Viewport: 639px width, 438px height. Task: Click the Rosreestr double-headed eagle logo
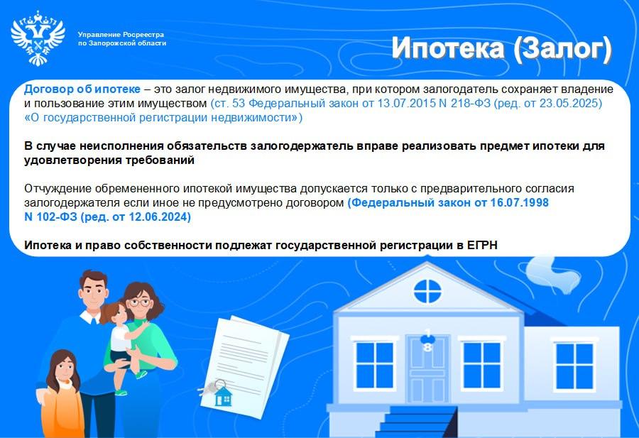coord(38,38)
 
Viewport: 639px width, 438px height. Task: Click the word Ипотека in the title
coord(448,48)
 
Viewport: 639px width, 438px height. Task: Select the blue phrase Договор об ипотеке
coord(82,89)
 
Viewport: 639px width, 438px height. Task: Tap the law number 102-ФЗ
coord(57,217)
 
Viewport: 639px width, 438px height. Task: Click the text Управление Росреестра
coord(121,35)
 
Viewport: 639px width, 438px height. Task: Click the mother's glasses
coord(139,302)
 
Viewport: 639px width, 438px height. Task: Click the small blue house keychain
coord(223,396)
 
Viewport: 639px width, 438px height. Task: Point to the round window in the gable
coord(427,291)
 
